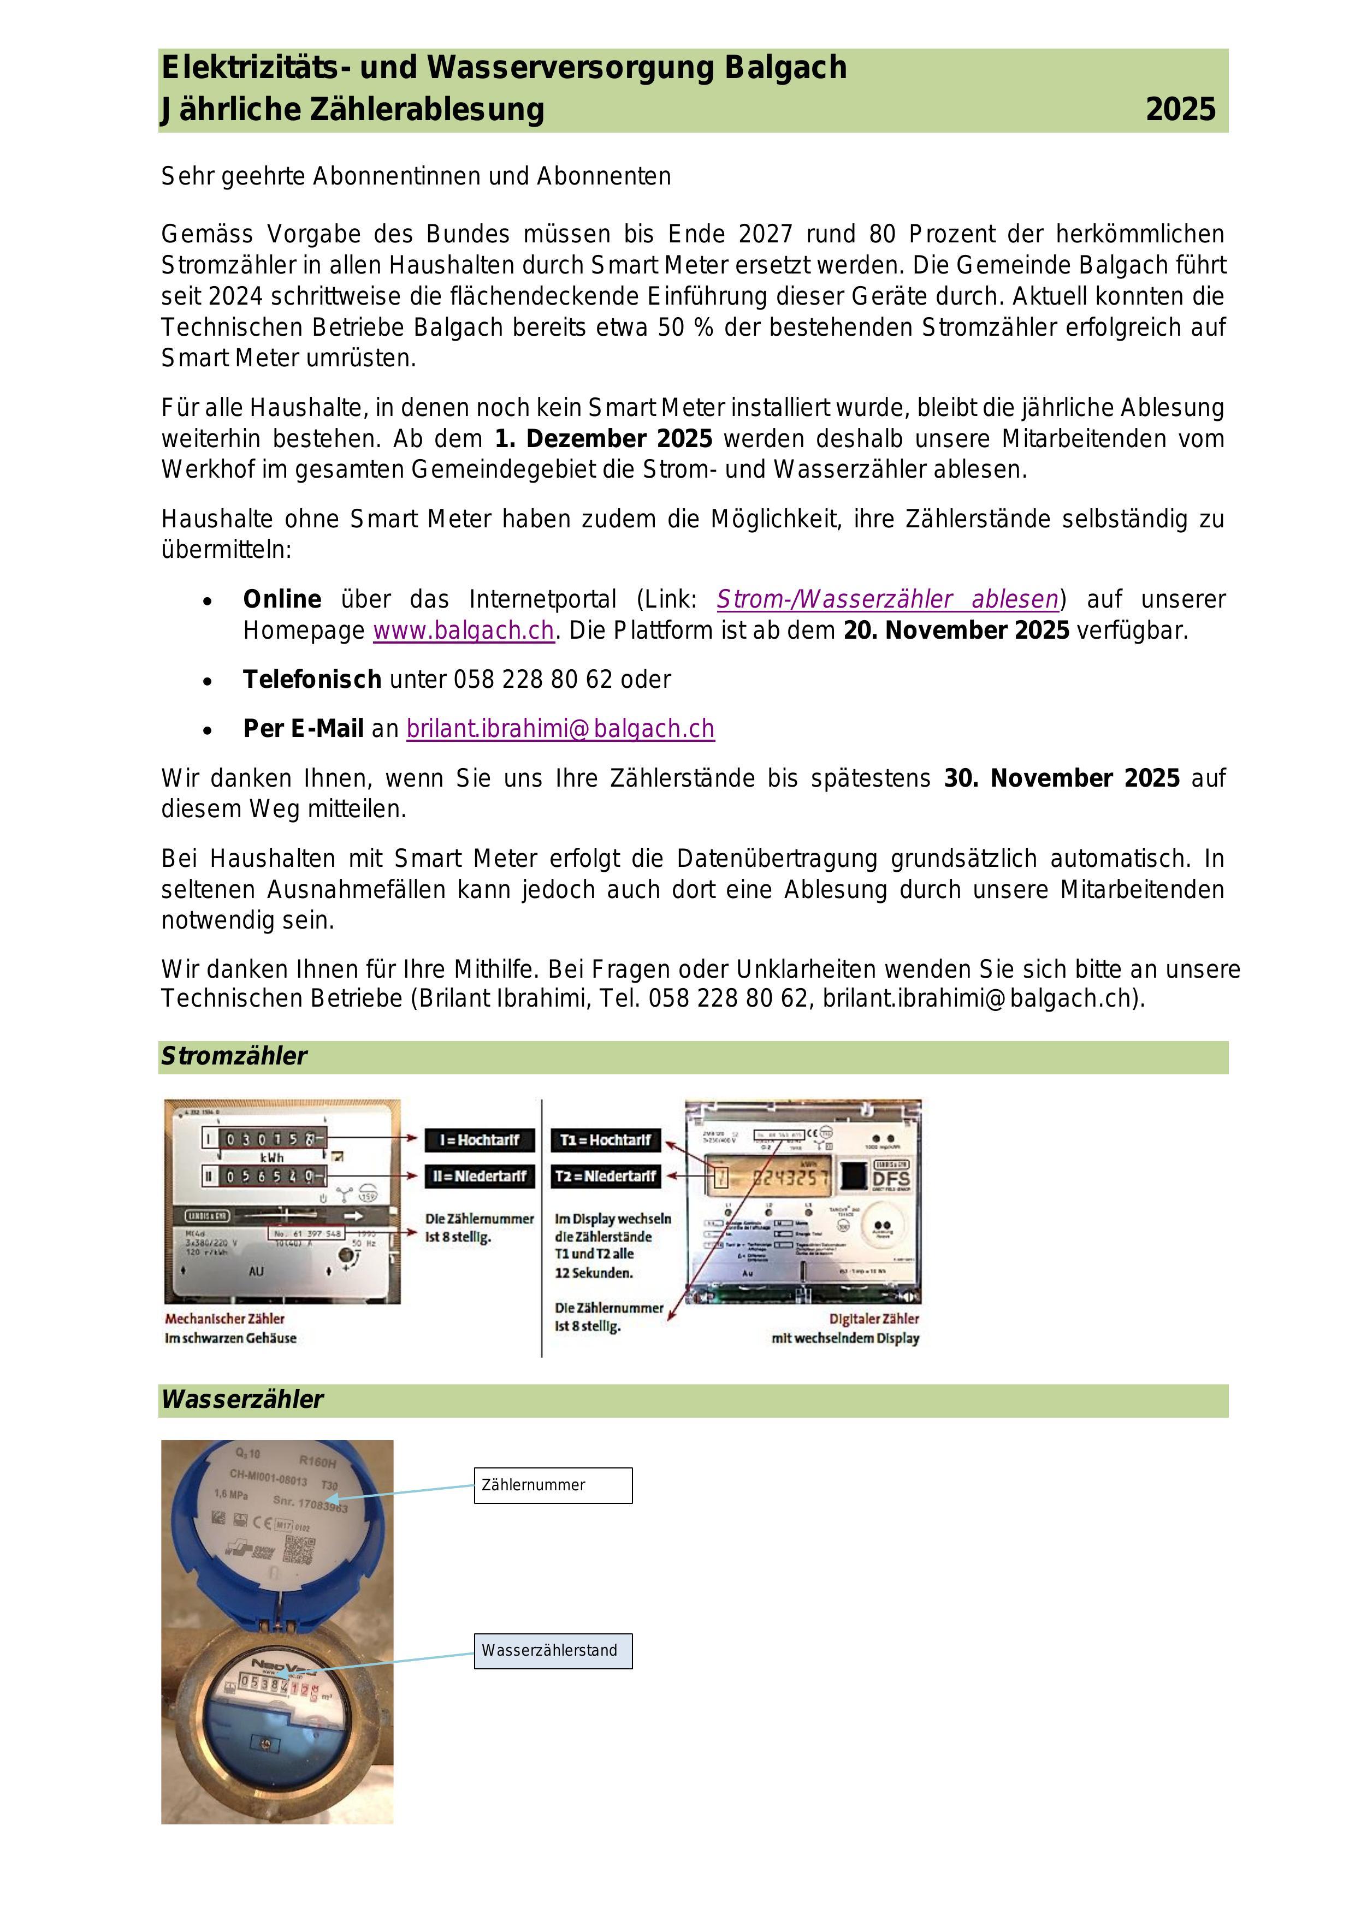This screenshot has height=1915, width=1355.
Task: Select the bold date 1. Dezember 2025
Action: [603, 439]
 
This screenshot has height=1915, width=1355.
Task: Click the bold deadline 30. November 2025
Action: [1061, 778]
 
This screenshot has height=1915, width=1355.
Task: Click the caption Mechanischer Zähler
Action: [224, 1319]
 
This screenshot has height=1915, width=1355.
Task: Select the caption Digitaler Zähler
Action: [874, 1319]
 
